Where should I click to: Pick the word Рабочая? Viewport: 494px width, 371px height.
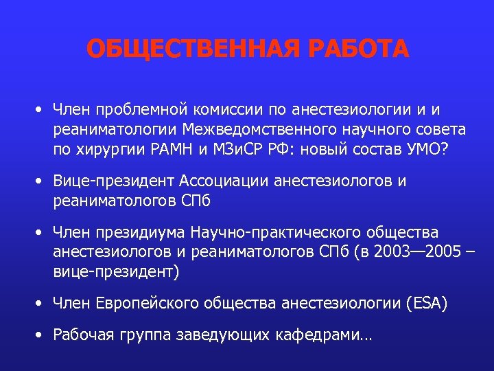(x=81, y=336)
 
